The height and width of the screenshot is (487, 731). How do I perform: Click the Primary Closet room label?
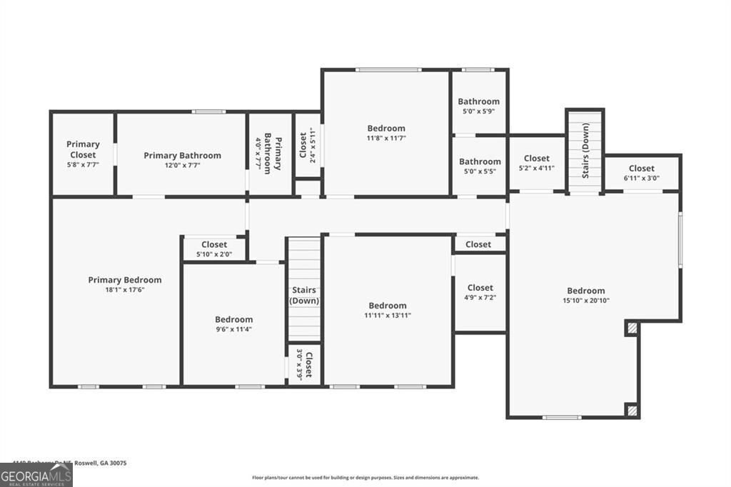pyautogui.click(x=83, y=149)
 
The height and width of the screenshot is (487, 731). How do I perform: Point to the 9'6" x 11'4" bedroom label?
pyautogui.click(x=233, y=324)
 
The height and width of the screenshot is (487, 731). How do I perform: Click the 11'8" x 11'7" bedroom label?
pyautogui.click(x=386, y=133)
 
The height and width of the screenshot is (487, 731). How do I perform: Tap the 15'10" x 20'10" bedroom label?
pyautogui.click(x=586, y=295)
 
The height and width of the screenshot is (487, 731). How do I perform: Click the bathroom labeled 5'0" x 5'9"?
pyautogui.click(x=478, y=106)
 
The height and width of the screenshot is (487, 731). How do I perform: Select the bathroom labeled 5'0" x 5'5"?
pyautogui.click(x=479, y=166)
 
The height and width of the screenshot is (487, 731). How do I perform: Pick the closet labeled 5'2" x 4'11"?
pyautogui.click(x=536, y=163)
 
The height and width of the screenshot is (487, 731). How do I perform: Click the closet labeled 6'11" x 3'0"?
pyautogui.click(x=641, y=173)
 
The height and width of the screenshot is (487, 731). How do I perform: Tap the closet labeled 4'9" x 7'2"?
pyautogui.click(x=480, y=292)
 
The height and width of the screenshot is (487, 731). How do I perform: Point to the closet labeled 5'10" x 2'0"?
pyautogui.click(x=214, y=248)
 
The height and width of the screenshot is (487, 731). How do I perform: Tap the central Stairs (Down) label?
pyautogui.click(x=304, y=295)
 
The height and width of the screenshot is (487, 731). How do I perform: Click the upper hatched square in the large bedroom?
pyautogui.click(x=632, y=328)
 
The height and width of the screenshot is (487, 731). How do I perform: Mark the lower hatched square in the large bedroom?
pyautogui.click(x=632, y=410)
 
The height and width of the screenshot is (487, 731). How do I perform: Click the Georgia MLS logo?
pyautogui.click(x=36, y=475)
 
